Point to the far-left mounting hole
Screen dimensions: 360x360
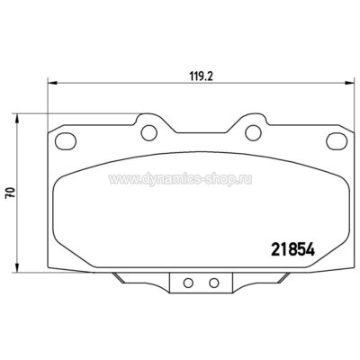tap(65, 141)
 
